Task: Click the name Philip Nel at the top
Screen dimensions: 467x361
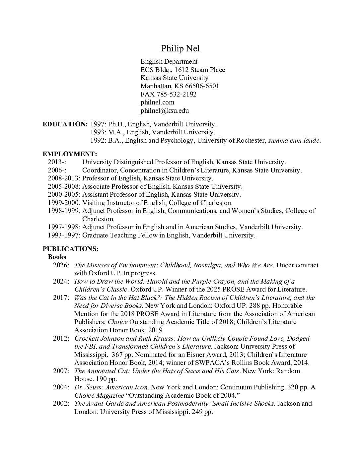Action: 180,49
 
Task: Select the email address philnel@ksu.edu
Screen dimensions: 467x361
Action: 165,111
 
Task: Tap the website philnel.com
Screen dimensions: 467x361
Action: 157,102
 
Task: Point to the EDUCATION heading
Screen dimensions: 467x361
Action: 65,124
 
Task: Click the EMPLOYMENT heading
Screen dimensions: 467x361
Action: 70,154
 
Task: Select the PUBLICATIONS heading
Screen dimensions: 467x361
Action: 70,249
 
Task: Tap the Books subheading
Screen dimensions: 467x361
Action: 57,257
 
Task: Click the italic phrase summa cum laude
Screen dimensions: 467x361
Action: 294,141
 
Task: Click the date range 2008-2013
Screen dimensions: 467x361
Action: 64,178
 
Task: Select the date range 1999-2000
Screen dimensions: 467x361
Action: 64,203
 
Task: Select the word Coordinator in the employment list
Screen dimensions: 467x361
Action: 99,170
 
